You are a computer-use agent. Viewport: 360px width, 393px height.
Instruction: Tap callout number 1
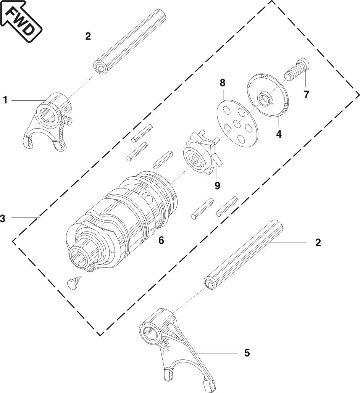(5, 100)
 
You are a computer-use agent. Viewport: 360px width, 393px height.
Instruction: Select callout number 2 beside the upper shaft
(88, 36)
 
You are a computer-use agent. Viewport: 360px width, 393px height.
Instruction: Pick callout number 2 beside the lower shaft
(318, 243)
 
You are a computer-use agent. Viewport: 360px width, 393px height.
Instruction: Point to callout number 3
(3, 219)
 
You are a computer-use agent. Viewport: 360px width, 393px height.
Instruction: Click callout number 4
(279, 135)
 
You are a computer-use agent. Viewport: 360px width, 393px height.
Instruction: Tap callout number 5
(247, 353)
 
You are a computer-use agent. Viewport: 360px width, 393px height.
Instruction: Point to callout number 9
(217, 186)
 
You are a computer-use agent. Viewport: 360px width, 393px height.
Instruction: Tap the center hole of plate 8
(237, 124)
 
